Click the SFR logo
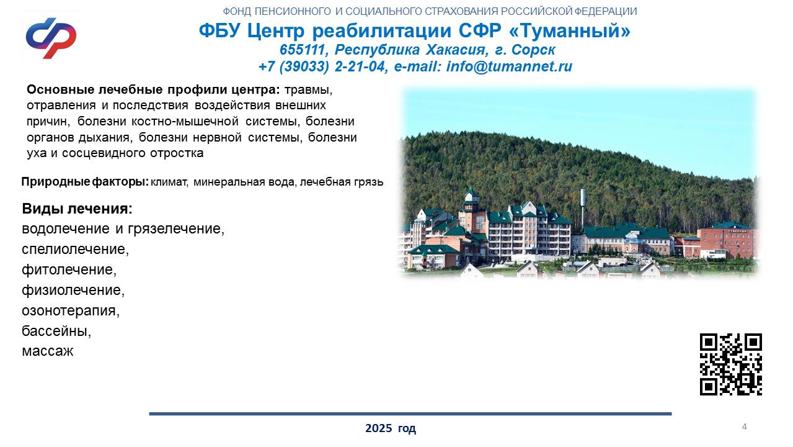click(x=51, y=38)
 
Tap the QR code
click(x=731, y=364)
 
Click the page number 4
click(x=745, y=427)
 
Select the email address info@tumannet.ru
click(x=509, y=66)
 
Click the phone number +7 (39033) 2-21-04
click(x=321, y=66)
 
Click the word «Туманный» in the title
click(x=570, y=30)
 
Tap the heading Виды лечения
click(x=77, y=209)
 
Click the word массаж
click(x=48, y=351)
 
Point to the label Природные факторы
click(x=85, y=182)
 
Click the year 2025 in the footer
click(x=378, y=428)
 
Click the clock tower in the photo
click(x=472, y=209)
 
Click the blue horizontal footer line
click(x=410, y=413)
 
